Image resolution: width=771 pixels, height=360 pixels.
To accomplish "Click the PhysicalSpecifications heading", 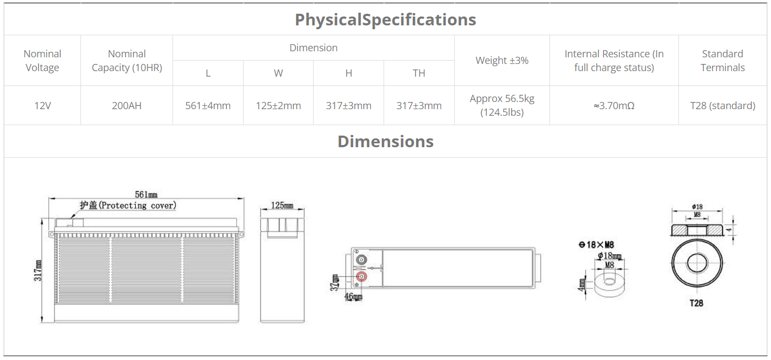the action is pos(385,20).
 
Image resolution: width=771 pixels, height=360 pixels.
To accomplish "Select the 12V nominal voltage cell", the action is pos(42,106).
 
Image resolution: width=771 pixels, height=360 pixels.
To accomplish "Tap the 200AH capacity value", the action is pos(127,106).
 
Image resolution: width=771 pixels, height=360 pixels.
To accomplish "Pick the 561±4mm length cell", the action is pos(208,106).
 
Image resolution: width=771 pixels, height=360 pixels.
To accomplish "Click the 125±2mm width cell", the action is pos(278,106).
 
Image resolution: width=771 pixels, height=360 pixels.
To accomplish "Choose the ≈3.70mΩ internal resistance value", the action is pos(614,106).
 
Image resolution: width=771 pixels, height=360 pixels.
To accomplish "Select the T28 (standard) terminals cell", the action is pos(723,106).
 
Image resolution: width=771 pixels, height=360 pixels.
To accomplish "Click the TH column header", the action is pos(419,73).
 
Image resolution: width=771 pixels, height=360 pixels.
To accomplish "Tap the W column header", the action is pos(278,73).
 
